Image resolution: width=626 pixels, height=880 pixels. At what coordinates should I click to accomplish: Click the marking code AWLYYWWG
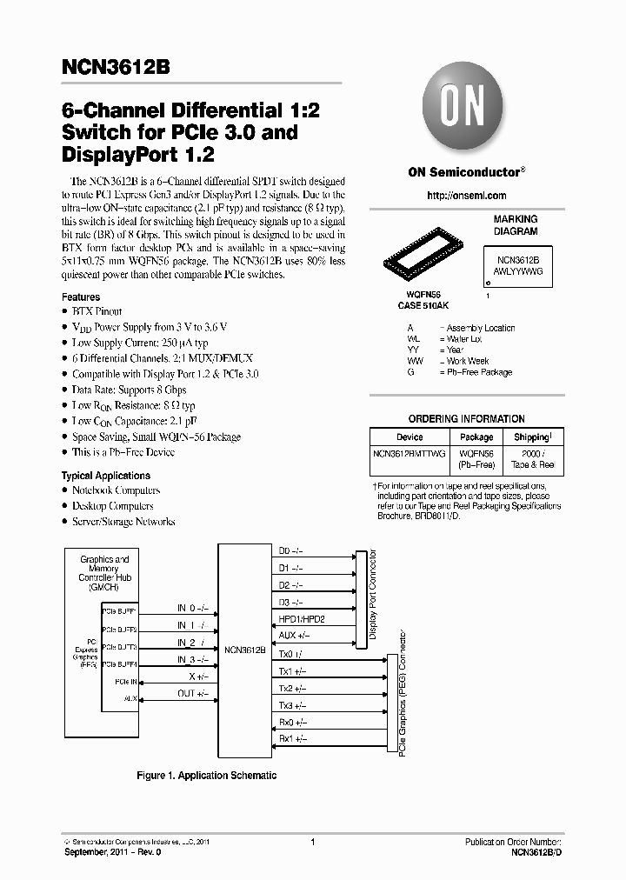pyautogui.click(x=519, y=271)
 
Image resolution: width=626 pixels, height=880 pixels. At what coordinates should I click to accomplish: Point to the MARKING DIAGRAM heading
pyautogui.click(x=516, y=225)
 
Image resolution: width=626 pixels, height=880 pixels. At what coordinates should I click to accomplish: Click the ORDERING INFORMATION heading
pyautogui.click(x=466, y=419)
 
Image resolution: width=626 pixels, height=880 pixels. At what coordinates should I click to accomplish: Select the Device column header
pyautogui.click(x=410, y=437)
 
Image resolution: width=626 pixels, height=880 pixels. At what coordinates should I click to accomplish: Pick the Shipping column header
pyautogui.click(x=532, y=437)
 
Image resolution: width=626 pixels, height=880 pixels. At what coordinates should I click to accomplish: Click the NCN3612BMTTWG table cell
pyautogui.click(x=410, y=454)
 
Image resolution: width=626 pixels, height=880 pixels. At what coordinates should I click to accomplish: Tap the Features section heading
pyautogui.click(x=81, y=297)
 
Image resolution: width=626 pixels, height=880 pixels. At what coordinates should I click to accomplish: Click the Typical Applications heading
pyautogui.click(x=105, y=476)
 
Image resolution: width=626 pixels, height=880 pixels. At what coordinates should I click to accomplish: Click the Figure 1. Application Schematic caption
pyautogui.click(x=207, y=775)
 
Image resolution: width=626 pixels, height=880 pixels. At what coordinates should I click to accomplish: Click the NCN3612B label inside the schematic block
pyautogui.click(x=244, y=650)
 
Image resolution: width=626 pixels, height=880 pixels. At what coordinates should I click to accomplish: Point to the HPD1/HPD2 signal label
pyautogui.click(x=301, y=619)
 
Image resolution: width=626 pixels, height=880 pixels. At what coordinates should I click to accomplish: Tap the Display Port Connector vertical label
pyautogui.click(x=373, y=595)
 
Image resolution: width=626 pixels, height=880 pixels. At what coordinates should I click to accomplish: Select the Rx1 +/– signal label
pyautogui.click(x=292, y=739)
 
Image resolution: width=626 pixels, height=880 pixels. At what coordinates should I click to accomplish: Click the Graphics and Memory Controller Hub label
pyautogui.click(x=104, y=574)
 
